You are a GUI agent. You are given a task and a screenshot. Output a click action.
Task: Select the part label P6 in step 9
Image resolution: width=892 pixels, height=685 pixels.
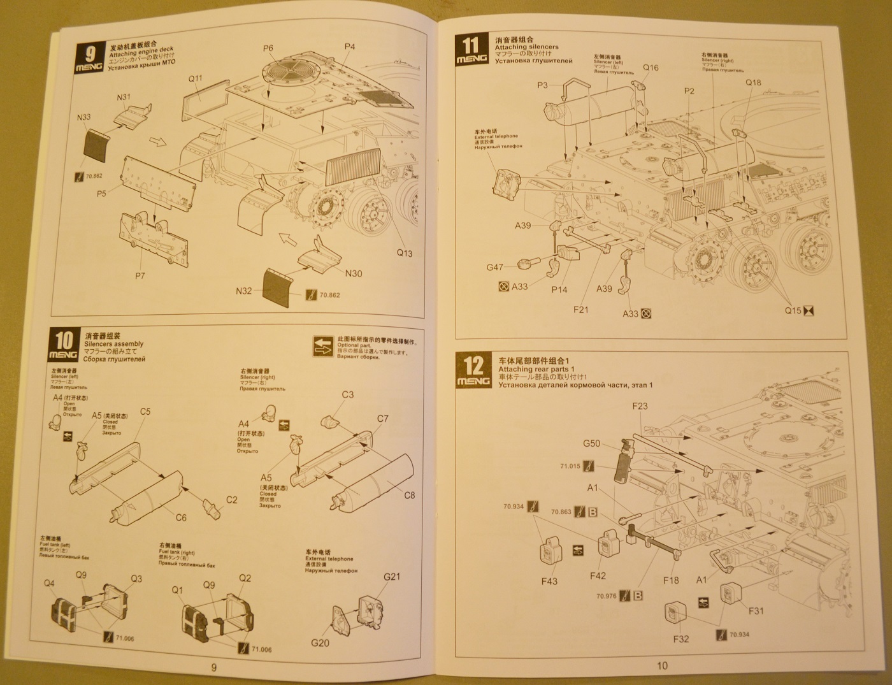[x=268, y=48]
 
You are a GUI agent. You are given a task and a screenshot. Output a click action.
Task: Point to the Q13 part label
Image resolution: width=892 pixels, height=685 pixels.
[x=405, y=253]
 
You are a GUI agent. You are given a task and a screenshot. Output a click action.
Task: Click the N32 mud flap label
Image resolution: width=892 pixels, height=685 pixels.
[x=244, y=291]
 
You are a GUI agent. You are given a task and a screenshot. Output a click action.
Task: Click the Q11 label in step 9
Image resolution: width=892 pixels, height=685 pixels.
[x=196, y=79]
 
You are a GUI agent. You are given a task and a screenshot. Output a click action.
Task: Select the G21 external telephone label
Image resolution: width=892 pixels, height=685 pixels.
[x=392, y=577]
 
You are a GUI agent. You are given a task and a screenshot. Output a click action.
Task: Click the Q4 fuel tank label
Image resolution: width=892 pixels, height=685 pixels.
[x=49, y=584]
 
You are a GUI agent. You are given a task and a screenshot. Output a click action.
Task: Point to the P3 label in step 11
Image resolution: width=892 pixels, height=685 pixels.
[x=542, y=85]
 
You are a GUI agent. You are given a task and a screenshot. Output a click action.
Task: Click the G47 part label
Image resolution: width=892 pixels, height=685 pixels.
[x=495, y=268]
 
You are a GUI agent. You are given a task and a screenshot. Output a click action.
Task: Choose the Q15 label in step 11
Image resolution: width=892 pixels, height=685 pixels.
[x=793, y=310]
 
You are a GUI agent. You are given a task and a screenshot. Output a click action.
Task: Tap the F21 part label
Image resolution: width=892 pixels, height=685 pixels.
[x=580, y=310]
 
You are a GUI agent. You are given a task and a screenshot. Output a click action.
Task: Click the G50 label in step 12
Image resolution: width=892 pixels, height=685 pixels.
[x=591, y=443]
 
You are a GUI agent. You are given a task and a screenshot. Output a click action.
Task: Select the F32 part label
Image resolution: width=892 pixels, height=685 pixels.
[x=680, y=638]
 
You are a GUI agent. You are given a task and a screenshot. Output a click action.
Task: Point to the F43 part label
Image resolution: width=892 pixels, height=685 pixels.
[x=549, y=580]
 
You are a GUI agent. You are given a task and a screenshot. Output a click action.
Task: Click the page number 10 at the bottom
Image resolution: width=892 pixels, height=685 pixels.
[x=662, y=666]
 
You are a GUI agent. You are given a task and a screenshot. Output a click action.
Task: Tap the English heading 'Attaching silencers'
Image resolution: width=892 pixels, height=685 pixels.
[x=526, y=47]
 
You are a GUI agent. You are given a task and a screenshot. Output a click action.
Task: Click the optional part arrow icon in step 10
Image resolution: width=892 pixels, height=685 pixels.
[x=324, y=347]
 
